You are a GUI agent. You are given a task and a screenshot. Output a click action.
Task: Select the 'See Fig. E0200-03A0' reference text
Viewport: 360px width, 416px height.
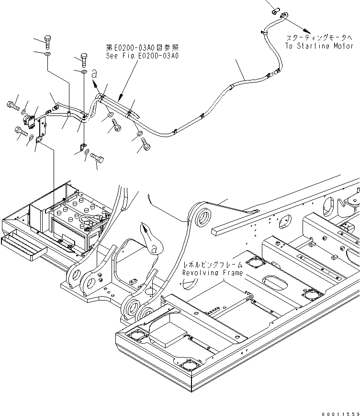(142, 56)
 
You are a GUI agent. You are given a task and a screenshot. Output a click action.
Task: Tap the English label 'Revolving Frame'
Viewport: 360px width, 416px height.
(212, 273)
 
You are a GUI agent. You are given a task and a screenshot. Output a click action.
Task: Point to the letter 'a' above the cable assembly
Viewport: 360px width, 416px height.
(94, 73)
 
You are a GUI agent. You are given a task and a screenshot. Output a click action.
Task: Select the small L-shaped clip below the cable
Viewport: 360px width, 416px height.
(83, 146)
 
